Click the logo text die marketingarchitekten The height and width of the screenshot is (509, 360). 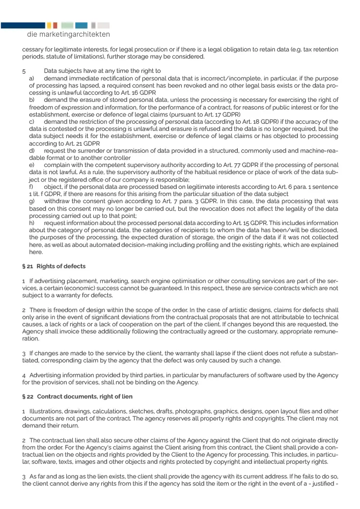click(68, 35)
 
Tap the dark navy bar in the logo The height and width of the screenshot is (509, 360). click(22, 25)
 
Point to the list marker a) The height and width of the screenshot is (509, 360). click(32, 78)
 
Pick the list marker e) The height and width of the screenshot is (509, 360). click(32, 165)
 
